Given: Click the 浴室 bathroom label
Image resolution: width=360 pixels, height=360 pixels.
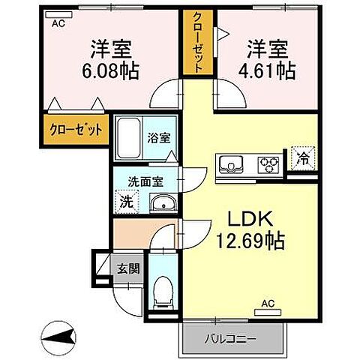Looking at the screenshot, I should [x=158, y=138].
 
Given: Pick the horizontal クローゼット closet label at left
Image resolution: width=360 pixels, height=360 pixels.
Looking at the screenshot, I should [x=76, y=128].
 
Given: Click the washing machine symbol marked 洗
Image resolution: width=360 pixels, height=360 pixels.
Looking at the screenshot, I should [x=127, y=201].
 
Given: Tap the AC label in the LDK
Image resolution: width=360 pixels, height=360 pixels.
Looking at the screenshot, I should [x=268, y=304].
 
